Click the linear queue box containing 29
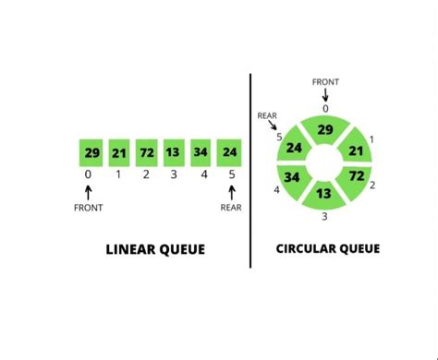click(x=91, y=151)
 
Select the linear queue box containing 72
click(x=146, y=151)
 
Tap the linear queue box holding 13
click(x=174, y=151)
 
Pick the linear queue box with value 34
click(x=201, y=151)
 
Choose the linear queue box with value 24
click(x=229, y=151)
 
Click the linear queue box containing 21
click(x=118, y=151)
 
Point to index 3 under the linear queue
click(x=174, y=174)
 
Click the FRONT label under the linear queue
click(x=89, y=208)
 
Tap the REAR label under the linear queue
click(x=231, y=208)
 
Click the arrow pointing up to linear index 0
click(x=89, y=191)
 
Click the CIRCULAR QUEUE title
click(x=328, y=248)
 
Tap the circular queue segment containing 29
click(x=325, y=130)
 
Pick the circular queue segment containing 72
click(x=356, y=174)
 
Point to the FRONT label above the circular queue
click(x=325, y=81)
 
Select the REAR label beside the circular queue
click(x=267, y=115)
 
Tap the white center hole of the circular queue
click(x=325, y=161)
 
